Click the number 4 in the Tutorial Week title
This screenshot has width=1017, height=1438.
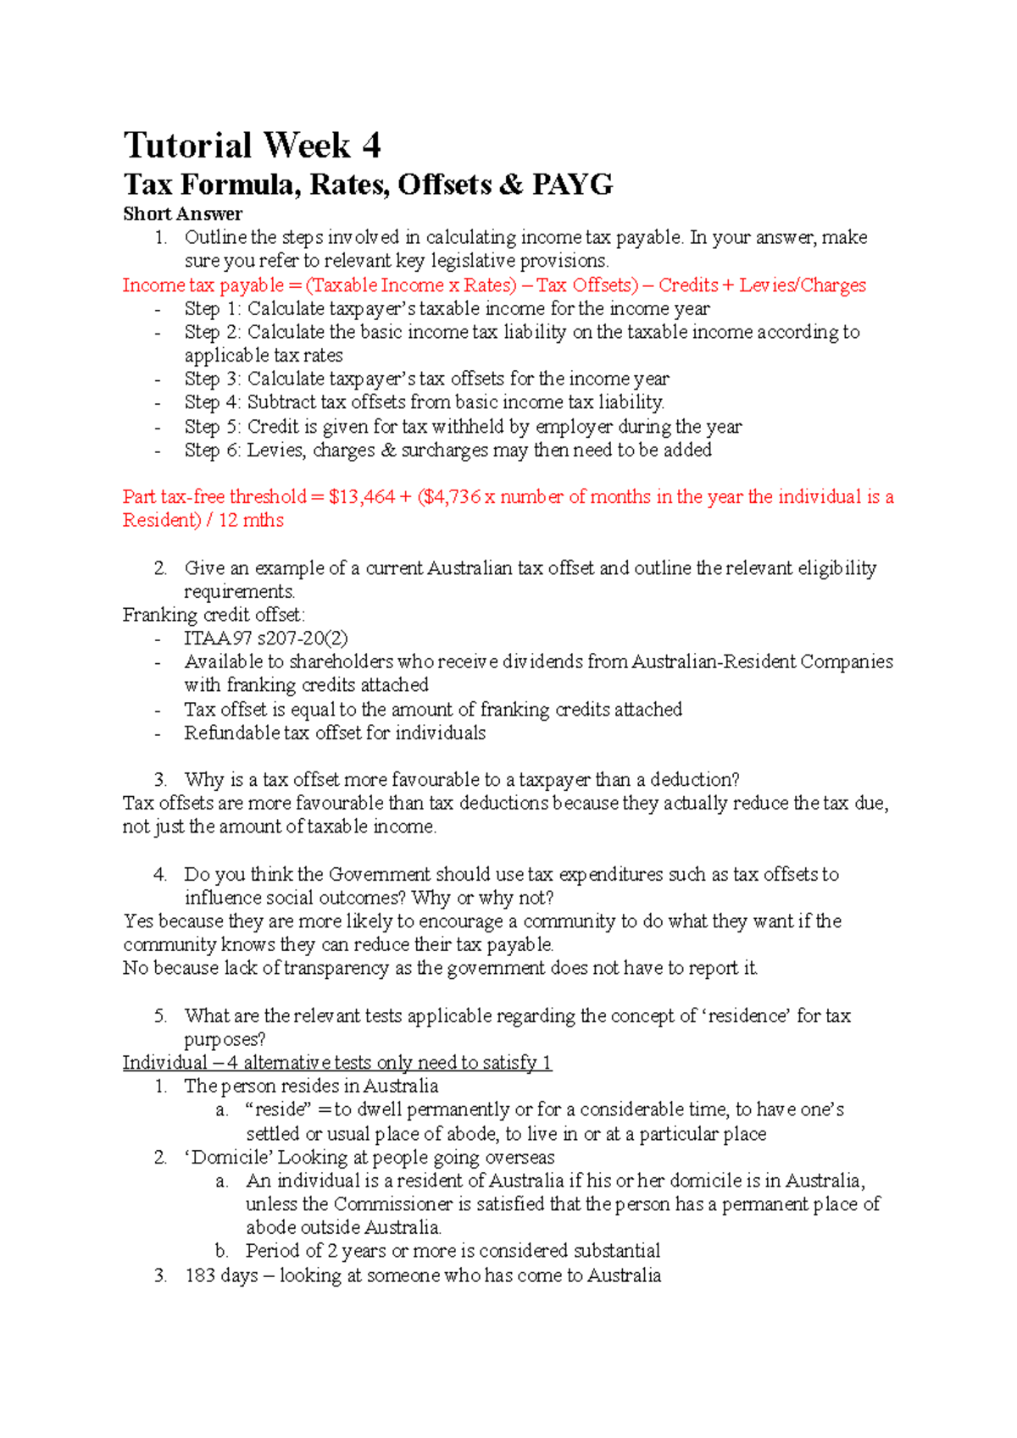tap(371, 146)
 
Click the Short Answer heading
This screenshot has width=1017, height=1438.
tap(182, 214)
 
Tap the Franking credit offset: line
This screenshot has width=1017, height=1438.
tap(214, 615)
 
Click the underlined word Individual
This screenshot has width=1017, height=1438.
tap(164, 1063)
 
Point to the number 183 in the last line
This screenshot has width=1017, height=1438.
tap(200, 1275)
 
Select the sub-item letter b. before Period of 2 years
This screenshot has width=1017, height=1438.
tap(222, 1251)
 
